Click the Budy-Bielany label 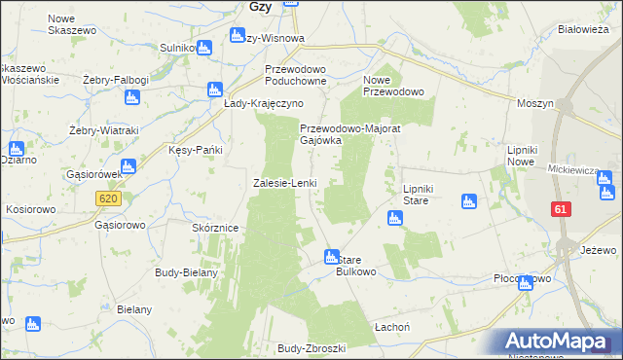186,272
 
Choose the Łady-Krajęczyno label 264,103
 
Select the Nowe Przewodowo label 393,86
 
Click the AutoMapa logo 556,341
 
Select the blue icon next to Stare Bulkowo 331,257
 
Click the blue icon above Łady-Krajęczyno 216,90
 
